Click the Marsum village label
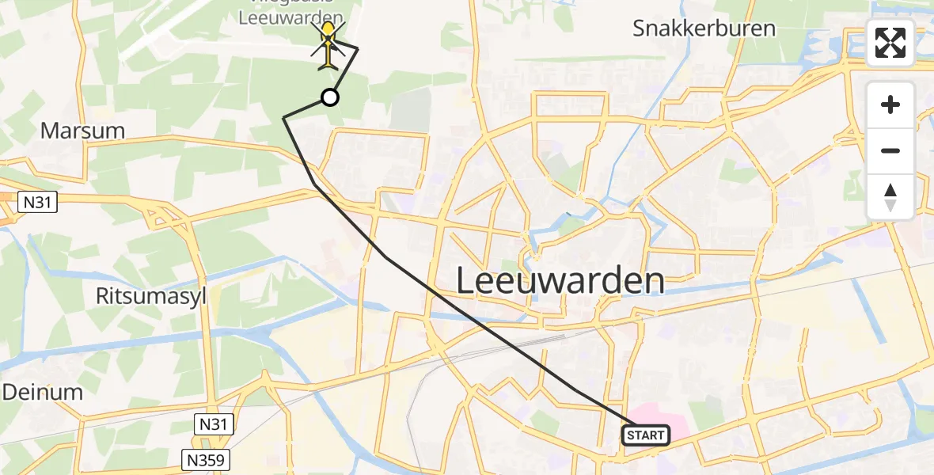tap(82, 131)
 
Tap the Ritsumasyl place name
tap(150, 297)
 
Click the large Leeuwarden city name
tap(560, 281)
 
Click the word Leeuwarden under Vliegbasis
tap(293, 17)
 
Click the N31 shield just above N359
tap(213, 425)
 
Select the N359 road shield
tap(205, 459)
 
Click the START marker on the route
tap(646, 435)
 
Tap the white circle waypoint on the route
tap(330, 97)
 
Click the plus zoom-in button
tap(890, 105)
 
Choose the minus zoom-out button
tap(890, 150)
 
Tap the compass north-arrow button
tap(890, 196)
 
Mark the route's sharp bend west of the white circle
tap(284, 118)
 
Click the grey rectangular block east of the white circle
tap(411, 111)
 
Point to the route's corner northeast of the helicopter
tap(358, 49)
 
